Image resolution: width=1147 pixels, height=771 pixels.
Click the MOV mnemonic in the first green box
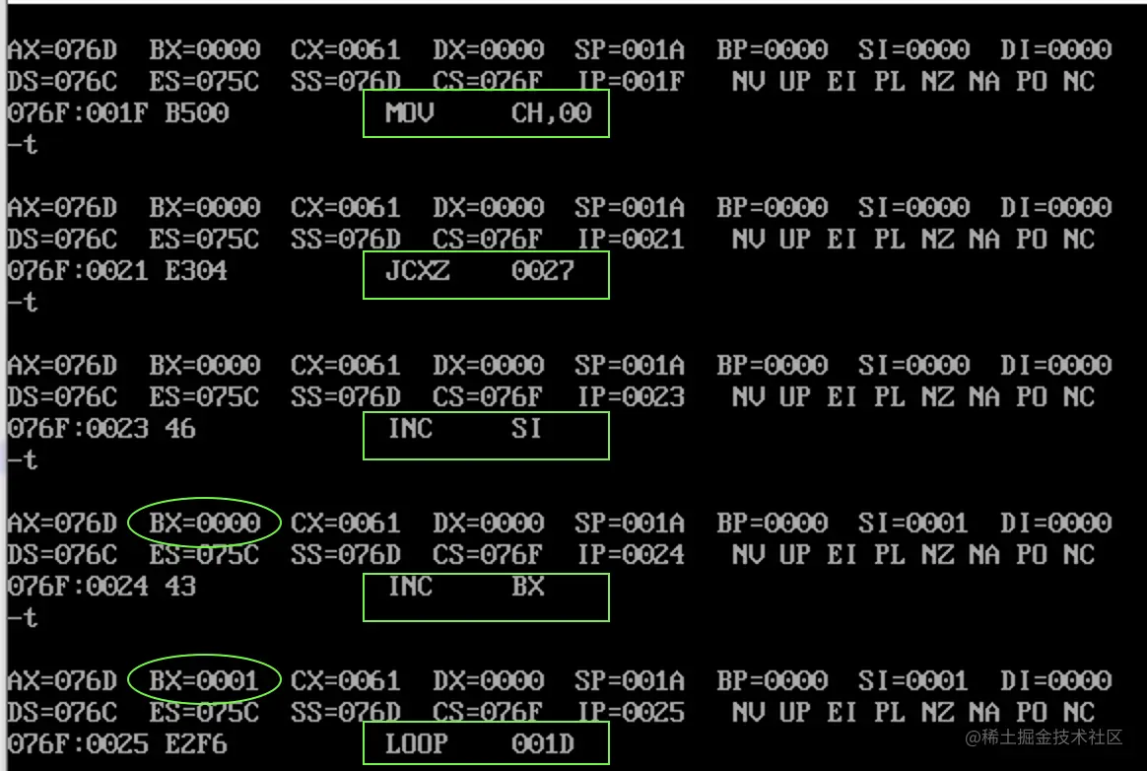(409, 113)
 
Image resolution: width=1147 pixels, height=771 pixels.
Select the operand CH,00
(551, 113)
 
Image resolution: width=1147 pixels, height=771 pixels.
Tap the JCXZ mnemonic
(417, 271)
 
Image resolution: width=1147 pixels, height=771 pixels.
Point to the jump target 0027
(542, 271)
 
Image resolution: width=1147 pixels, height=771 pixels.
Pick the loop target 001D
(542, 744)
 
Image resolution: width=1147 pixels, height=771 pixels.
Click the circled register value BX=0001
(205, 680)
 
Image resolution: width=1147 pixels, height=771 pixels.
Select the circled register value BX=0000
(205, 523)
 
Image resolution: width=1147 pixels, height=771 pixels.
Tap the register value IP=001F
(631, 82)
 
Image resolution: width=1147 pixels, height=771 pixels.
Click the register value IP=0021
(631, 240)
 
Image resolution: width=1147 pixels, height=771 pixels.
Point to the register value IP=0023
(631, 397)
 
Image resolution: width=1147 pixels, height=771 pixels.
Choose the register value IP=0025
(631, 713)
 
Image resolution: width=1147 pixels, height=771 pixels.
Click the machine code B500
(196, 113)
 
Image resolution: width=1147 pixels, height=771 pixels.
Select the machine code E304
(196, 271)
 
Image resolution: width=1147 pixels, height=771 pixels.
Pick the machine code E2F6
(196, 744)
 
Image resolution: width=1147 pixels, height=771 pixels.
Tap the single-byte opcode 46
(180, 429)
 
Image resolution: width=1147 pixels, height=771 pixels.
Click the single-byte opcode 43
(180, 587)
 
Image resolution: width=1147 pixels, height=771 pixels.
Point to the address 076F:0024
(78, 587)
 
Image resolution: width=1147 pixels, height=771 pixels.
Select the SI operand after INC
(526, 429)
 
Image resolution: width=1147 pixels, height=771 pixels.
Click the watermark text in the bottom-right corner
(1044, 737)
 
